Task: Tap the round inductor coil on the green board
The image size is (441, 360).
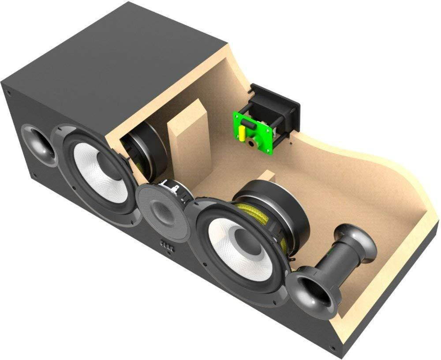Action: pyautogui.click(x=252, y=142)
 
